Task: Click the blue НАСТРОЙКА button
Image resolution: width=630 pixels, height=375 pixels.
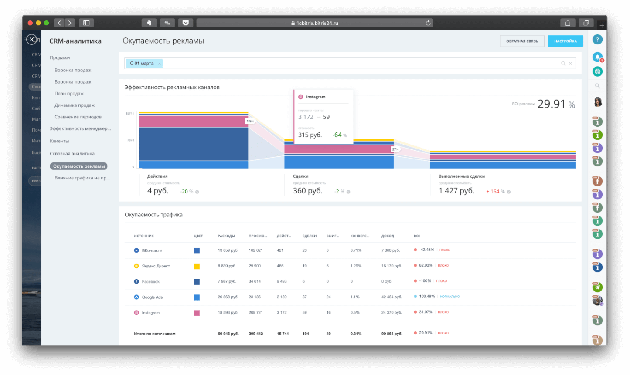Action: [x=565, y=41]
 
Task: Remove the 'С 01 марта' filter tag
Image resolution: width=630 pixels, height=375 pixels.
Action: [x=160, y=64]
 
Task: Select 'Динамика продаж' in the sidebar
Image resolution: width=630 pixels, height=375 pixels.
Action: [x=75, y=105]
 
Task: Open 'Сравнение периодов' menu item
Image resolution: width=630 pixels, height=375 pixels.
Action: [x=78, y=117]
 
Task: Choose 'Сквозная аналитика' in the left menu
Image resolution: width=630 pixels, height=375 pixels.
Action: [x=72, y=153]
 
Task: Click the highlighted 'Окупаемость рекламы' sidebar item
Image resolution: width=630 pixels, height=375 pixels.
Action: [x=79, y=166]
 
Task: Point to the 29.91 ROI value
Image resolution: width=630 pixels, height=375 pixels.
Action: [x=551, y=104]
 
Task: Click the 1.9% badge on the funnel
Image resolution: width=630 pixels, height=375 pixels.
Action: [x=250, y=121]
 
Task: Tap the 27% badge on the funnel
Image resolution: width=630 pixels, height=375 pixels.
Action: [x=395, y=149]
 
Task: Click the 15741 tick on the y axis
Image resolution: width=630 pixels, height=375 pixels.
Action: [x=129, y=113]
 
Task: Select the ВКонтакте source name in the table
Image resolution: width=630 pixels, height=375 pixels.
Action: [x=152, y=250]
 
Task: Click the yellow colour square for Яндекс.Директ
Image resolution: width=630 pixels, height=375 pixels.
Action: [x=197, y=266]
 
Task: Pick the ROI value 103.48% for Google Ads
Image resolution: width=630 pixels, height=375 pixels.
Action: [x=427, y=297]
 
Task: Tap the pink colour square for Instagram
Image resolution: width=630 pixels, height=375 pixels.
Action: [x=197, y=313]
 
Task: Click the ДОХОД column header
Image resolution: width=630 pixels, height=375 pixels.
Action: [x=387, y=236]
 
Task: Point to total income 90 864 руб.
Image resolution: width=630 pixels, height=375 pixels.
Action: [x=392, y=334]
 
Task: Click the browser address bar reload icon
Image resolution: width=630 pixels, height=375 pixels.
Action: [x=428, y=23]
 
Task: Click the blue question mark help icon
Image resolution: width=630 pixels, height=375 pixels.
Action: [x=597, y=40]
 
